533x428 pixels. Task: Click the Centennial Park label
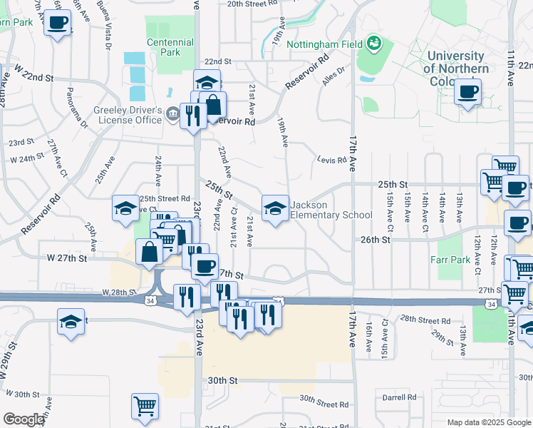click(x=170, y=47)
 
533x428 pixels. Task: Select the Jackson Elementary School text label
click(x=331, y=210)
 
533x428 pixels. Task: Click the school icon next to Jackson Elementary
click(x=275, y=208)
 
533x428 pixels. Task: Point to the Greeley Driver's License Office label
click(x=128, y=115)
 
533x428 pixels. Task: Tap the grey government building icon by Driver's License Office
click(x=172, y=113)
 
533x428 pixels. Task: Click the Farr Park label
click(x=450, y=260)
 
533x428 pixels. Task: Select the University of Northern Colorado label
click(x=456, y=68)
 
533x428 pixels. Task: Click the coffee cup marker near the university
click(x=467, y=92)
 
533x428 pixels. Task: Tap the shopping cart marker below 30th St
click(x=145, y=406)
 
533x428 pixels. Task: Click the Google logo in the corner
click(x=24, y=419)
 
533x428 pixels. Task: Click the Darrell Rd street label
click(x=399, y=397)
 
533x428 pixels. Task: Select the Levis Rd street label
click(x=331, y=160)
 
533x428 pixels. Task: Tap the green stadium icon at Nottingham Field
click(x=373, y=44)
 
